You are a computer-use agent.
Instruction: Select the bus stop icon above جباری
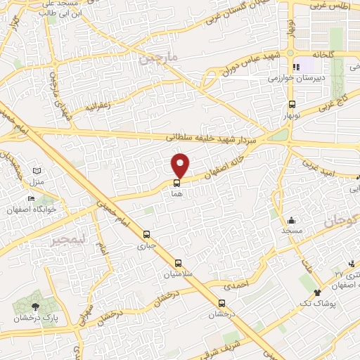tap(146, 235)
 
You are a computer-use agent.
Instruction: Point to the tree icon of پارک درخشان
tap(36, 307)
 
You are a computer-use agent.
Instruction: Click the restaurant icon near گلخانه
tap(296, 67)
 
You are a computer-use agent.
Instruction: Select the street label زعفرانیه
tap(98, 109)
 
